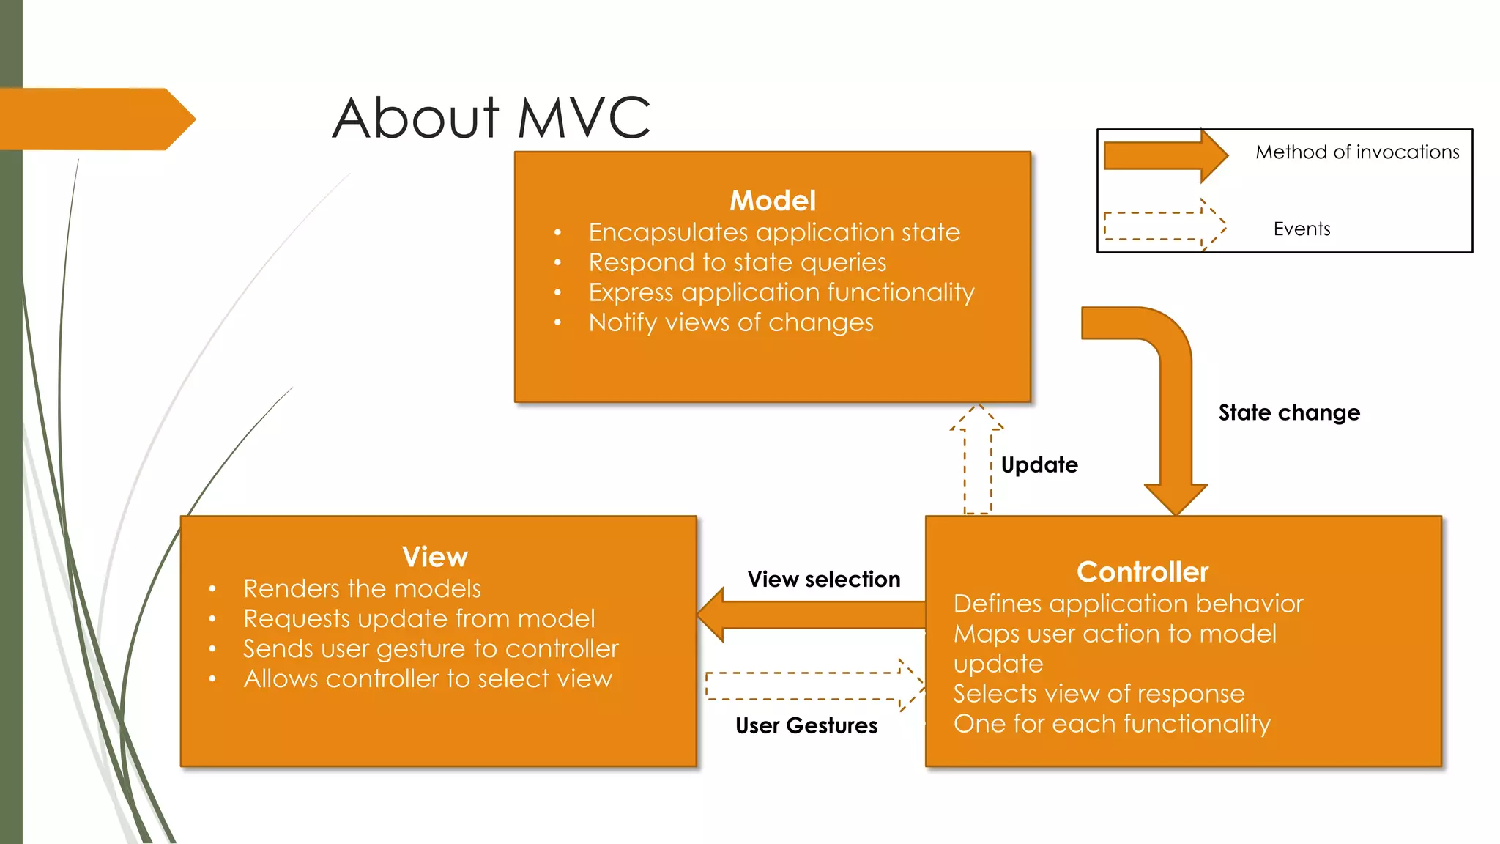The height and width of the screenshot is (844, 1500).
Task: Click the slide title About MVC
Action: (x=491, y=118)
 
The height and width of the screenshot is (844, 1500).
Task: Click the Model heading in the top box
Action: (x=773, y=201)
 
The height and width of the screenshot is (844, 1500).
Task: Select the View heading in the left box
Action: (x=435, y=557)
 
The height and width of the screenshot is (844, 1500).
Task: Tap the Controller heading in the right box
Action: (x=1142, y=572)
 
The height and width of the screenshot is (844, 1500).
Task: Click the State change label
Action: (x=1289, y=412)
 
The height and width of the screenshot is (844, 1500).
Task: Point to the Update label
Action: (x=1039, y=464)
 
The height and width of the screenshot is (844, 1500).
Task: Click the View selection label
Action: (x=824, y=580)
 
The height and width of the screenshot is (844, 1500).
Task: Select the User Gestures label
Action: (x=806, y=725)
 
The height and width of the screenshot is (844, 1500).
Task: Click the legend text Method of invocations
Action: (x=1357, y=152)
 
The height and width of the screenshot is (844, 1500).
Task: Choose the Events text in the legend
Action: (x=1302, y=229)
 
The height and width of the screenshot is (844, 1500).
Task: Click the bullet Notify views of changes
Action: (x=731, y=322)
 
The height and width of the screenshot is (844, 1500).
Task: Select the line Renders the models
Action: (x=362, y=588)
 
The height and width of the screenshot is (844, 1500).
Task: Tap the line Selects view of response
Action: (x=1099, y=693)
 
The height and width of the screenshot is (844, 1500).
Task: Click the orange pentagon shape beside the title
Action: (x=95, y=119)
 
